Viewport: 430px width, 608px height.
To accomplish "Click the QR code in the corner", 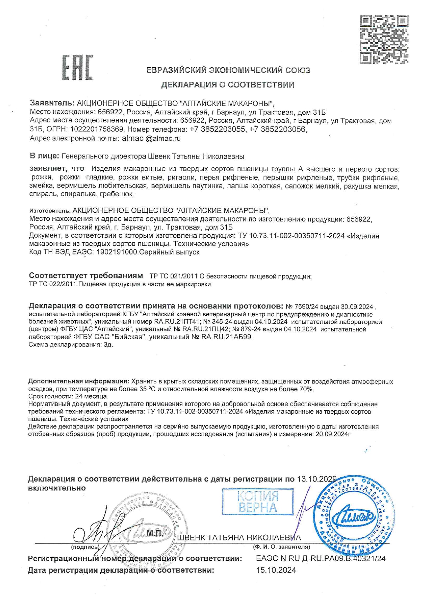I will pos(384,39).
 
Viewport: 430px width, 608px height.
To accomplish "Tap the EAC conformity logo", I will pos(78,67).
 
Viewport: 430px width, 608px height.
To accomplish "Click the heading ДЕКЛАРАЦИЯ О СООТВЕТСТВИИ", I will pos(227,85).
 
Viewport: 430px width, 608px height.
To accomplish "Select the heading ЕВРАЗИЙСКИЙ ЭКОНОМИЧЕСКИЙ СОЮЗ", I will pos(228,70).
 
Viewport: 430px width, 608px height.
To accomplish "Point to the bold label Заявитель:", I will pos(52,103).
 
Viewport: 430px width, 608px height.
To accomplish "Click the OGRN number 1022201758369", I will pos(97,130).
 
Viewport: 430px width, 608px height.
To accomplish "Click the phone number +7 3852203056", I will pos(278,130).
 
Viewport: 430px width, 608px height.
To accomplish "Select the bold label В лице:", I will pos(44,156).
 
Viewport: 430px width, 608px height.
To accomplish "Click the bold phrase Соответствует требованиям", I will pos(86,276).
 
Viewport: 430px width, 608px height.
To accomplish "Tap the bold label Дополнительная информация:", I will pos(79,381).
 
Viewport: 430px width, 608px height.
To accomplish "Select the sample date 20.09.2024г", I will pos(333,434).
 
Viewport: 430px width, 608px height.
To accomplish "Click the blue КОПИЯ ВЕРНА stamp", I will pos(258,502).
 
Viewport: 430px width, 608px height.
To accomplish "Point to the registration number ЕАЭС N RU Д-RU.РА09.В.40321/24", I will pos(320,558).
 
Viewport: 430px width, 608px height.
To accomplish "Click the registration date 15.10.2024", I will pos(276,570).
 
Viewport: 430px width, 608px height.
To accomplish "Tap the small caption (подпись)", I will pos(85,547).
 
